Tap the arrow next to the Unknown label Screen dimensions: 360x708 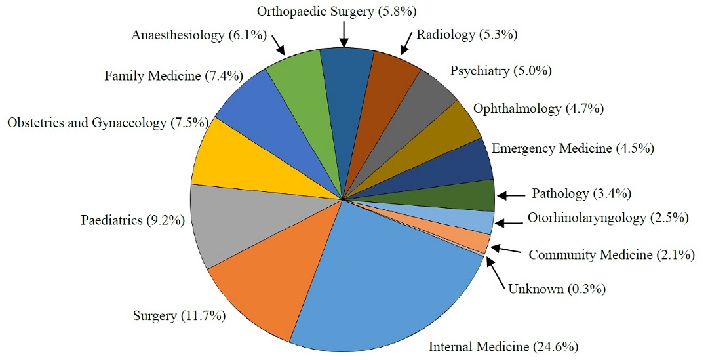[496, 272]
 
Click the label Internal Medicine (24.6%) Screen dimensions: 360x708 [503, 346]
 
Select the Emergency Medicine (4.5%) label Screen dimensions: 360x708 [572, 149]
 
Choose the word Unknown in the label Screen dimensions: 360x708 [535, 288]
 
